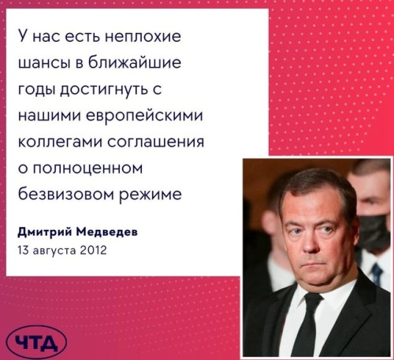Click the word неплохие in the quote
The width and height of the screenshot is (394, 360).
pos(143,35)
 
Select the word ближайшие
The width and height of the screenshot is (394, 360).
pos(135,62)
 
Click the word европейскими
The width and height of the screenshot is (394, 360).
pos(144,116)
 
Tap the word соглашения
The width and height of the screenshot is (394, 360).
pos(156,143)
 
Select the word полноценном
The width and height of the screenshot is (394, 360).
pos(87,169)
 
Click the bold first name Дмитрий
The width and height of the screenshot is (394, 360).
pos(45,232)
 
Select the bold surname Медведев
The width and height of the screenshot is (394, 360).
pos(107,232)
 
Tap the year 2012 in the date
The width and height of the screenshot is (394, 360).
pos(93,250)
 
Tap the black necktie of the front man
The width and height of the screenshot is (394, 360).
pos(311,325)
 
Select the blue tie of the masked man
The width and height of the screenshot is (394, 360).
pos(377,274)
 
